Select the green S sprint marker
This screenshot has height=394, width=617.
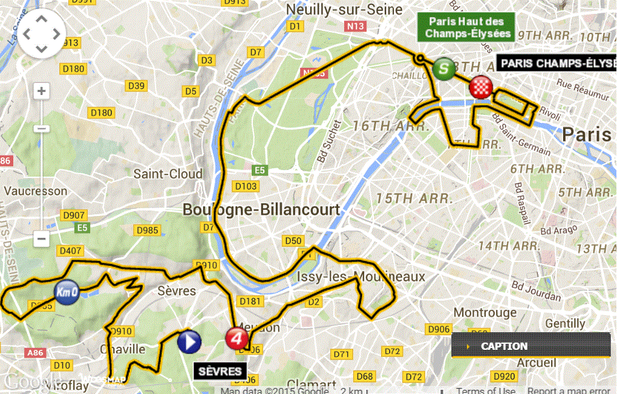445,68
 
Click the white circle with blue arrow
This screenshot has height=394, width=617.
189,342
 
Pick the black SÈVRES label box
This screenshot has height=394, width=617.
220,371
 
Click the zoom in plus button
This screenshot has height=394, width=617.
41,92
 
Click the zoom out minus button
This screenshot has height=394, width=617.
41,239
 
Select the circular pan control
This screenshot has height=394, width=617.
41,34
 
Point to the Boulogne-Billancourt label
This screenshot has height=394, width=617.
261,210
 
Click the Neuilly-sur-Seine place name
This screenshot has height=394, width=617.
344,10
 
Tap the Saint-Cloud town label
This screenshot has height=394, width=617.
168,174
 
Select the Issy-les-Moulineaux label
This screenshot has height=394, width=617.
362,277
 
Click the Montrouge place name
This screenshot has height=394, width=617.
485,313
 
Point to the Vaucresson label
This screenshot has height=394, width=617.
35,191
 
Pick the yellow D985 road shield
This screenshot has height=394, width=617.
147,230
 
